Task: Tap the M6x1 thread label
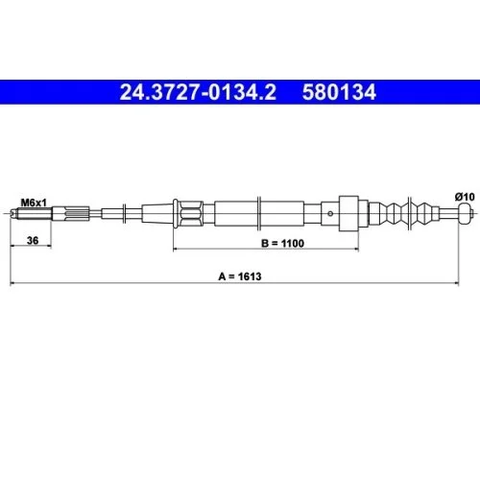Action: point(34,201)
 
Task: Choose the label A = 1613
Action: point(240,276)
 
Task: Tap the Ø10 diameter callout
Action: point(464,197)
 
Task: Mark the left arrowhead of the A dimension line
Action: point(12,283)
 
